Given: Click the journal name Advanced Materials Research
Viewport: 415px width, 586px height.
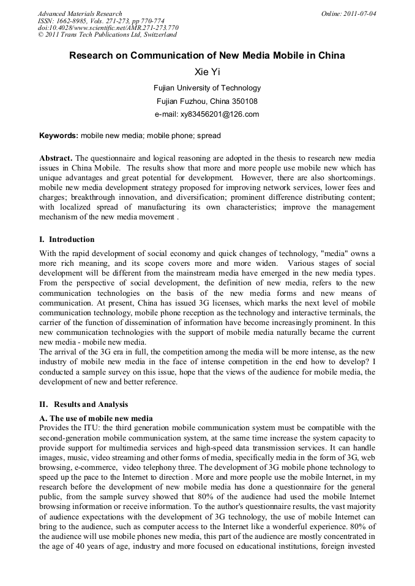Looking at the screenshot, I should (x=80, y=13).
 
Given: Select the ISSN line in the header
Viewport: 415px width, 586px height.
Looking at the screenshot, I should (x=101, y=21).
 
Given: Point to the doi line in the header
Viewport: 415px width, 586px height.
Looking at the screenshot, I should (x=108, y=28).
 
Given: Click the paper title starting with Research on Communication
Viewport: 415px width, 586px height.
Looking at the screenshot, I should (x=207, y=56).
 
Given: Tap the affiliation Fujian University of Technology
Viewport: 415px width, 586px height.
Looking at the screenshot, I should (x=207, y=88).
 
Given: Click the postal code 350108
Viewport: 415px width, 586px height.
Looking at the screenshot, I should (x=245, y=101).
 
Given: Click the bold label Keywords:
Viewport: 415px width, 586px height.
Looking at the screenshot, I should (x=59, y=135).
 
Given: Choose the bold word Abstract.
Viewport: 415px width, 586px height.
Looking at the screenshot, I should (x=57, y=158).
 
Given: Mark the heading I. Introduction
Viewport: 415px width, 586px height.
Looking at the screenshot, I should (x=67, y=239).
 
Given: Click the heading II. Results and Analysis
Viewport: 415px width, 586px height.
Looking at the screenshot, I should (x=84, y=404).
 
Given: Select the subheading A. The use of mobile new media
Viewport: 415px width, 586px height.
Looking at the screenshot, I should (x=96, y=419).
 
